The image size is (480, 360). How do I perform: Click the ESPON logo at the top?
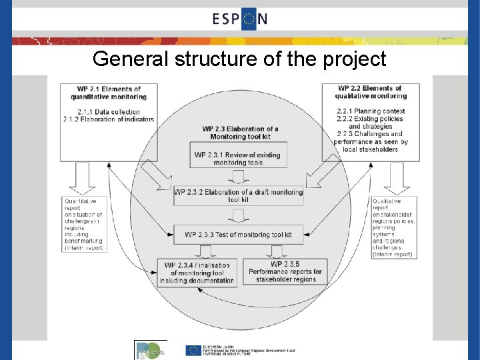coord(240,18)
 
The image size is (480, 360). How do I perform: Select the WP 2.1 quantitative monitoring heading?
coord(109,93)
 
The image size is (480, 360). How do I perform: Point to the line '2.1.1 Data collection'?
coord(109,111)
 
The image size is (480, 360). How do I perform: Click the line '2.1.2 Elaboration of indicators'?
coord(109,119)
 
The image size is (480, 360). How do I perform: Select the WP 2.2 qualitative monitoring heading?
coord(370,92)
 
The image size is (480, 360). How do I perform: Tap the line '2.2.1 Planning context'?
coord(371,111)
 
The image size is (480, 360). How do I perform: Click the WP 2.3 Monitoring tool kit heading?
coord(240,132)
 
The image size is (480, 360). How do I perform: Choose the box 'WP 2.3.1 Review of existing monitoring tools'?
coord(237,159)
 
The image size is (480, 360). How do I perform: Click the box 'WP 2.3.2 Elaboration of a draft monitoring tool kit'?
coord(238,196)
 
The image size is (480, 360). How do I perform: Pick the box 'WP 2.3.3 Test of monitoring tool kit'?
coord(238,234)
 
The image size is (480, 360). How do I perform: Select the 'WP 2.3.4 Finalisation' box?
coord(197,273)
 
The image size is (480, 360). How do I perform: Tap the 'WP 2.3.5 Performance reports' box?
coord(285,272)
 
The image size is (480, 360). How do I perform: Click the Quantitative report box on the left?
coord(84,224)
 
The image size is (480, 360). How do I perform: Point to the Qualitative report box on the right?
coord(393,227)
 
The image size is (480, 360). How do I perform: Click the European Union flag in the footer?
coord(194,350)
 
